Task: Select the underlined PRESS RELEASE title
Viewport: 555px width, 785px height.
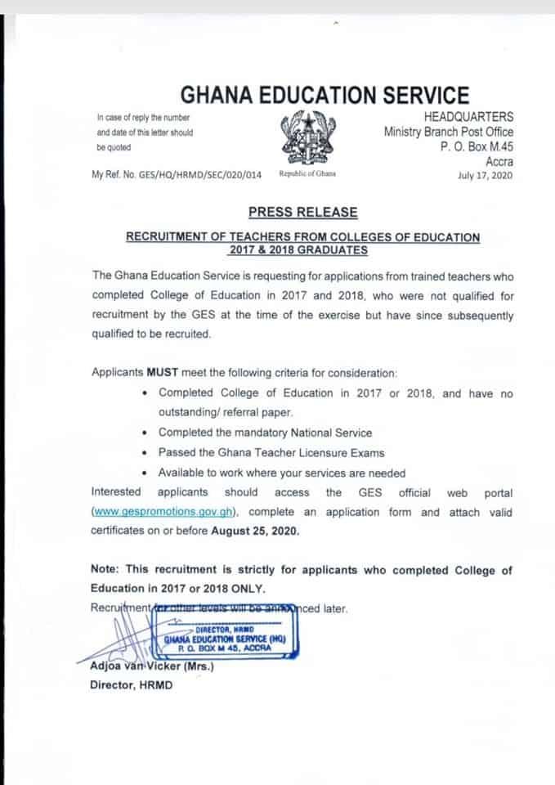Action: click(x=303, y=212)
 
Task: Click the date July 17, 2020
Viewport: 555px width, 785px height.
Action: click(x=486, y=174)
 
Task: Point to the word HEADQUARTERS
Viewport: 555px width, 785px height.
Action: click(x=469, y=118)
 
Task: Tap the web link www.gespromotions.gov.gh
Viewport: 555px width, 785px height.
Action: click(x=163, y=513)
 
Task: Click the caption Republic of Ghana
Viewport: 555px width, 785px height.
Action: click(x=307, y=173)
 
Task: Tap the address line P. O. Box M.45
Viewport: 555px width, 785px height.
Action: click(x=477, y=146)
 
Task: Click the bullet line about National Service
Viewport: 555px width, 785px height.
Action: click(x=265, y=433)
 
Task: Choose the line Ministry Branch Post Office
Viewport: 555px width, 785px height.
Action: click(x=449, y=132)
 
